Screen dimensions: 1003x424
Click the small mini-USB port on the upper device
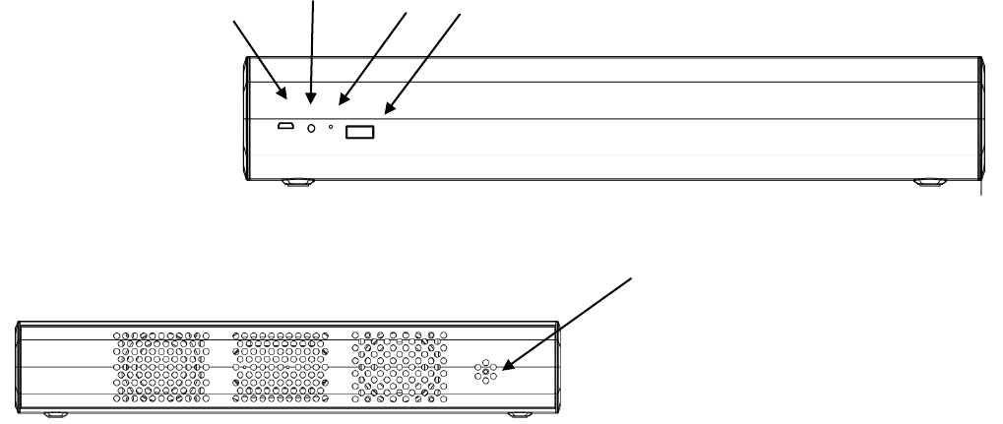pyautogui.click(x=283, y=127)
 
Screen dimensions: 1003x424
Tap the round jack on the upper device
pyautogui.click(x=312, y=128)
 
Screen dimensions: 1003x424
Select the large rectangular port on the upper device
pyautogui.click(x=359, y=132)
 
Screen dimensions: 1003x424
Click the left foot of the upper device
pyautogui.click(x=297, y=182)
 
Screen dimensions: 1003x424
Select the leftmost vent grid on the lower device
pyautogui.click(x=161, y=368)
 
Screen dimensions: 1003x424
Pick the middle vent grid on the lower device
pyautogui.click(x=280, y=368)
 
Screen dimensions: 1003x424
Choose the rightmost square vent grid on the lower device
pyautogui.click(x=399, y=368)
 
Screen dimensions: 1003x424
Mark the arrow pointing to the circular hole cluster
pyautogui.click(x=571, y=321)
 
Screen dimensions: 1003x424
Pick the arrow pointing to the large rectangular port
pyautogui.click(x=423, y=64)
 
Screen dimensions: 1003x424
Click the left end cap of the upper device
pyautogui.click(x=247, y=118)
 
